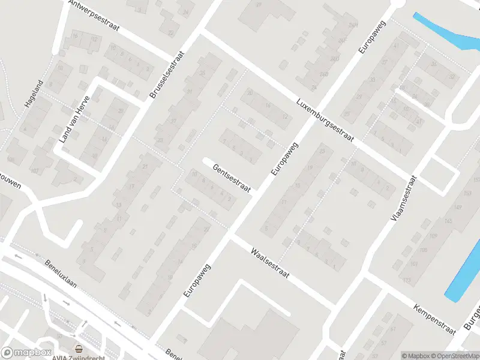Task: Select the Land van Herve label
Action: pyautogui.click(x=74, y=119)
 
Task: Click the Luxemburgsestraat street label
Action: pyautogui.click(x=326, y=119)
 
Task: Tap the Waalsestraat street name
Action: pyautogui.click(x=270, y=263)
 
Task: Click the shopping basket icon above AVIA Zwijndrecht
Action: pyautogui.click(x=78, y=348)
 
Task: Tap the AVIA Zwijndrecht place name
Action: pyautogui.click(x=79, y=356)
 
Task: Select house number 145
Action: pyautogui.click(x=448, y=221)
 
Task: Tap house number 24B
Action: pyautogui.click(x=324, y=74)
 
